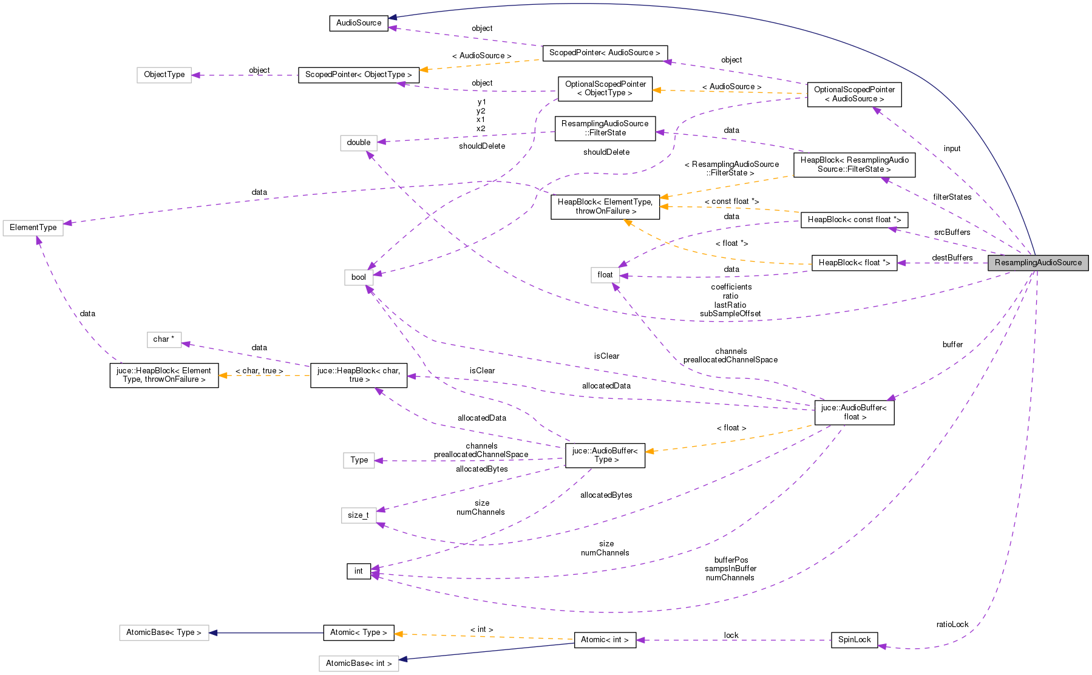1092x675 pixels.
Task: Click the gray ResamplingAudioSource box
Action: pos(1038,263)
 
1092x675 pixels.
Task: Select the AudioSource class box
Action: pos(359,23)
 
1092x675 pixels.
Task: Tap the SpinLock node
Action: pos(854,640)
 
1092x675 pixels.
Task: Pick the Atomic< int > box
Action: pos(605,640)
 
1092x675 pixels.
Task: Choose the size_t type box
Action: pos(358,515)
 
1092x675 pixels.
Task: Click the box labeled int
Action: pos(359,571)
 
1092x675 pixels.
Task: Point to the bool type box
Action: pos(359,277)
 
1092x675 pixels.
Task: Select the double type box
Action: pos(359,143)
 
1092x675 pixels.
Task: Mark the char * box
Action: pos(164,339)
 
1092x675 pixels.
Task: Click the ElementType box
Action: pos(33,228)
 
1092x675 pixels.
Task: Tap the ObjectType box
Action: pos(164,75)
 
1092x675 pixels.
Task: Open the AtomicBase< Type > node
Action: pos(164,633)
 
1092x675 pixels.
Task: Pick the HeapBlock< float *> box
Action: pos(854,263)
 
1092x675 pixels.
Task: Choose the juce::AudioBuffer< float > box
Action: pos(854,412)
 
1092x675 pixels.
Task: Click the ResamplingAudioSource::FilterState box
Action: pos(605,128)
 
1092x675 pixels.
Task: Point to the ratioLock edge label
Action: pos(952,625)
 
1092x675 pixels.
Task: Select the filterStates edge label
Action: pos(952,197)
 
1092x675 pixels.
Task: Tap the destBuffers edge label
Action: pos(952,258)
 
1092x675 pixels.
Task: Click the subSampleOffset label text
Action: pos(730,314)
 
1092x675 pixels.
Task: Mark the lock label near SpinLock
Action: pos(731,636)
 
